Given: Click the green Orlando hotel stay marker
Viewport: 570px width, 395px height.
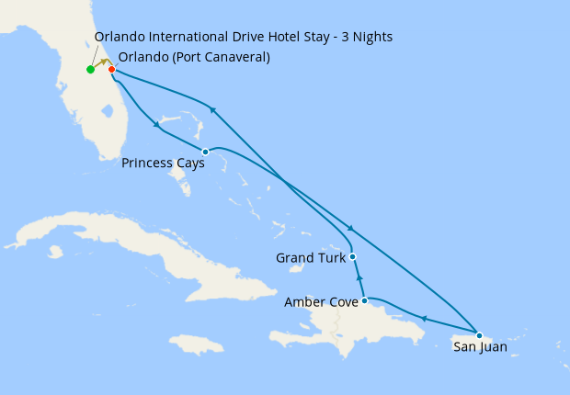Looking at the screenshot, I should [x=90, y=70].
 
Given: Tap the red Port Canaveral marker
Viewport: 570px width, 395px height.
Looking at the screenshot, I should [x=111, y=70].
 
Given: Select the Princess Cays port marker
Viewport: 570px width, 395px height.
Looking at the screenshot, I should [x=205, y=152].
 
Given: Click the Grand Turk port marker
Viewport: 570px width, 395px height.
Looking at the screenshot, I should [x=353, y=257].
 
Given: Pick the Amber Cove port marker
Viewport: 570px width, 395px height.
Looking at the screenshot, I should [x=365, y=300].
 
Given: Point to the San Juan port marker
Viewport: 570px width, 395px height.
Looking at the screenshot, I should [x=479, y=335].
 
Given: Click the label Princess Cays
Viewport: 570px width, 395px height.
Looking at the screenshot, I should [x=163, y=164].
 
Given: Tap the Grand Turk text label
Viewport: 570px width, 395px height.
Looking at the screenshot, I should [x=311, y=258].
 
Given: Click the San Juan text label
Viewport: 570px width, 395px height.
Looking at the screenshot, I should [x=480, y=347].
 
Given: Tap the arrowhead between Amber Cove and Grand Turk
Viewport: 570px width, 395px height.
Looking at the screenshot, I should [x=359, y=276].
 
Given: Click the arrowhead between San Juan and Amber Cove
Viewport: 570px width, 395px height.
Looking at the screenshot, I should [x=424, y=319].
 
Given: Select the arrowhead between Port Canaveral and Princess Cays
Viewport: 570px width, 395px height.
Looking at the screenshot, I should [x=157, y=123].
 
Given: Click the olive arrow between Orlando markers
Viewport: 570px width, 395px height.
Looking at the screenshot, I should [x=102, y=63].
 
